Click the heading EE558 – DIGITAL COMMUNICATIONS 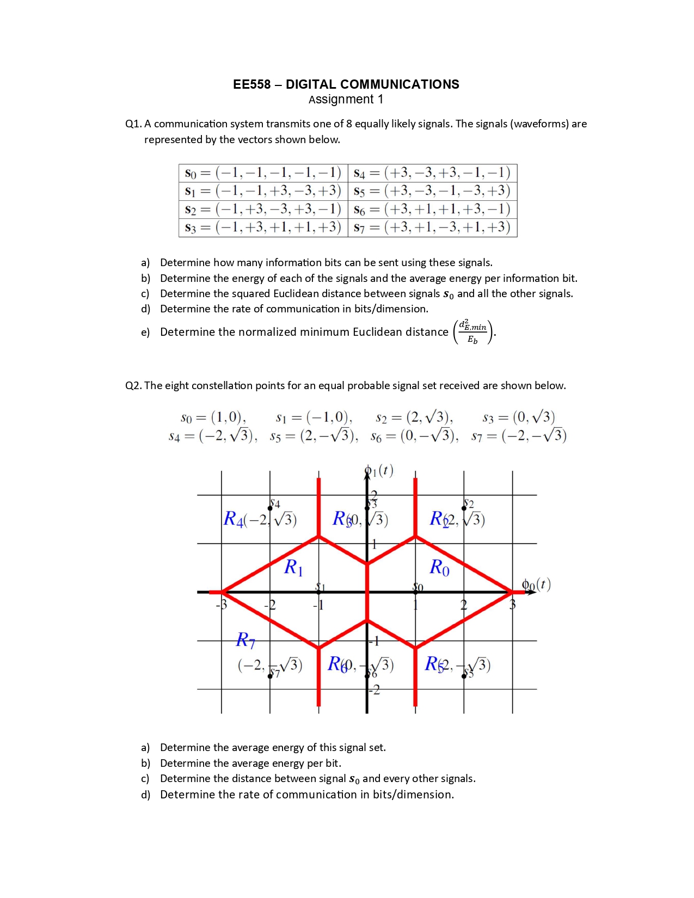click(346, 84)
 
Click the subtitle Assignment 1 click(346, 100)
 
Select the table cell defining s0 click(263, 173)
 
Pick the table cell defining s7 click(432, 227)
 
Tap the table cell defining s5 click(432, 191)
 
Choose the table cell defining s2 click(263, 210)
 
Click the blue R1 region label click(293, 568)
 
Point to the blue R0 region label click(439, 568)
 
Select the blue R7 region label click(245, 640)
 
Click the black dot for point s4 click(270, 508)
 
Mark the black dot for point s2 click(464, 508)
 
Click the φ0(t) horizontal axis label click(536, 585)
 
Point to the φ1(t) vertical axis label click(380, 470)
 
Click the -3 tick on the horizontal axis click(222, 605)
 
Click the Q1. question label click(133, 124)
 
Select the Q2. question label click(133, 386)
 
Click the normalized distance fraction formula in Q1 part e click(472, 332)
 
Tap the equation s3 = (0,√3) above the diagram click(519, 417)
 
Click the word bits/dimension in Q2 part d click(413, 795)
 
